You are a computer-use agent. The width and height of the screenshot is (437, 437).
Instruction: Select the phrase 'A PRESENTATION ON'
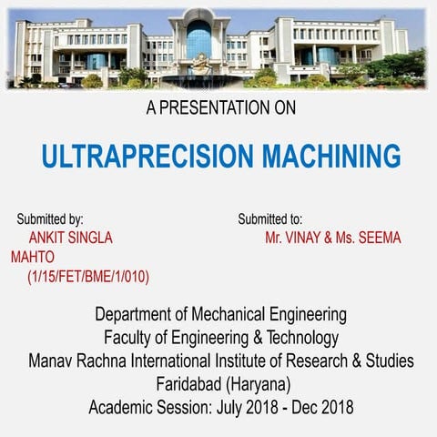pos(220,108)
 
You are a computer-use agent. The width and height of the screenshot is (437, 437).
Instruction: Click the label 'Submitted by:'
pos(50,219)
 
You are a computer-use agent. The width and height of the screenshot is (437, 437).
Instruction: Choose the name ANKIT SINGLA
pos(71,239)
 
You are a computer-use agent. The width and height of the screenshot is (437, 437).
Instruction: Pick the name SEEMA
pos(378,239)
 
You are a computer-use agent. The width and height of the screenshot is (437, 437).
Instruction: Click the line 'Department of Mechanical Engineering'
pos(220,315)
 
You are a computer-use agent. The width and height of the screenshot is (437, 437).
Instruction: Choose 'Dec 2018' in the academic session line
pos(322,407)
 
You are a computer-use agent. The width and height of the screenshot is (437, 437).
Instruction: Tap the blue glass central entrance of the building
pos(199,40)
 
